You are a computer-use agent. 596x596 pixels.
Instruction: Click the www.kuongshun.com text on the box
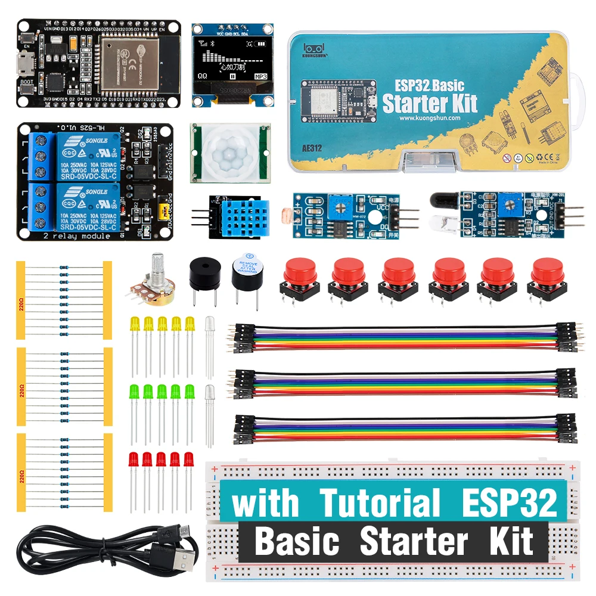[x=430, y=118]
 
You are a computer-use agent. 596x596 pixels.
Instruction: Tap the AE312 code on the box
[x=312, y=148]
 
